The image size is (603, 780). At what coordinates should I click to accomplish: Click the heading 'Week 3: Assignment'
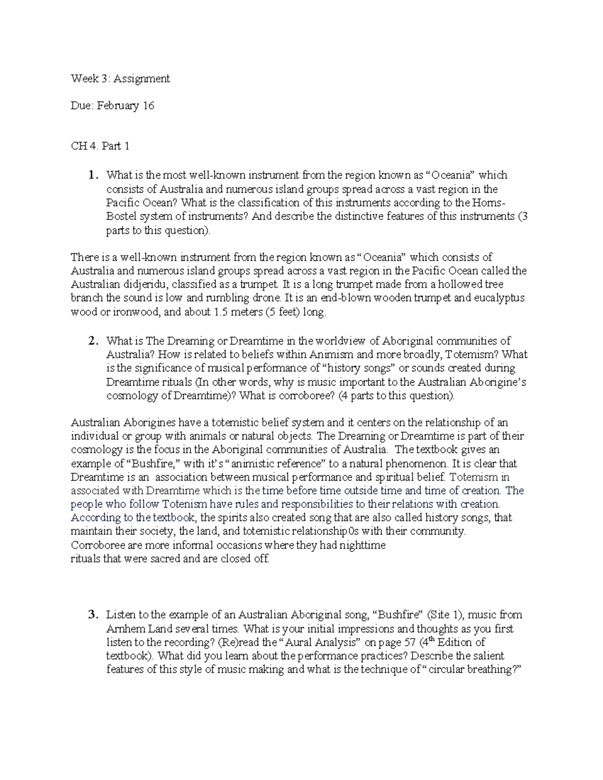[x=120, y=78]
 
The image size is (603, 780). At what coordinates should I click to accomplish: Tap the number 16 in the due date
[x=148, y=105]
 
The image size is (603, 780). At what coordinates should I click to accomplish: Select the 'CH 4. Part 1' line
[x=100, y=146]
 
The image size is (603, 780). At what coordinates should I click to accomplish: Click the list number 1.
[x=91, y=175]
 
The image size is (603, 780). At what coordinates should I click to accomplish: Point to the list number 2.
[x=91, y=341]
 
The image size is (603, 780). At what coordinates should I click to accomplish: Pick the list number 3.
[x=91, y=615]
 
